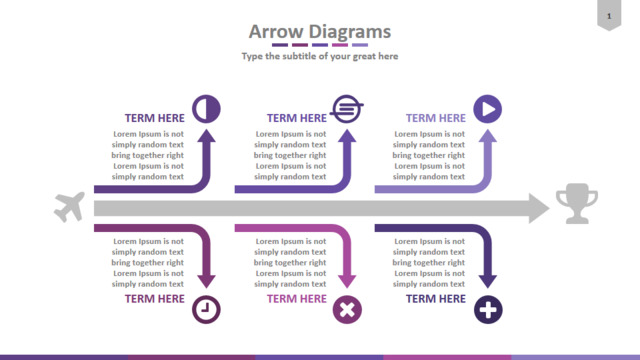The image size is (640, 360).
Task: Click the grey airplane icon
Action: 69,207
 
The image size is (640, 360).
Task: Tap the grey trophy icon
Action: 577,203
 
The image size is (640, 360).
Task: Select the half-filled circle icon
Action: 206,109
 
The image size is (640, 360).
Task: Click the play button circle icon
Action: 487,109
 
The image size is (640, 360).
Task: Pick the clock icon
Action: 206,309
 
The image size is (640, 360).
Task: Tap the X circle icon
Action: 347,309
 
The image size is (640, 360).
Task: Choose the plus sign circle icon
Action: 488,309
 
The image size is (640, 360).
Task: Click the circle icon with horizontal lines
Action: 347,109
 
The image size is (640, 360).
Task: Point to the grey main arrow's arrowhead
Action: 539,208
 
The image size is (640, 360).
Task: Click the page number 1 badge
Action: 609,16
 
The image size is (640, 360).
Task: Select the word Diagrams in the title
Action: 349,32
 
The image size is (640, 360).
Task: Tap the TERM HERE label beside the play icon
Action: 436,118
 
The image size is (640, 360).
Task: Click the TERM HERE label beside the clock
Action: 154,299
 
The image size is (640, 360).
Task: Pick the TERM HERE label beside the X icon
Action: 297,299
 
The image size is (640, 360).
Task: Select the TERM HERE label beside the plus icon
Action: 436,299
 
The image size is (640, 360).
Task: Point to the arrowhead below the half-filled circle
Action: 207,136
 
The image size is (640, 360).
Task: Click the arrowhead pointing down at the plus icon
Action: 488,282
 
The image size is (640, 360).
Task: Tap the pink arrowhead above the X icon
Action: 347,282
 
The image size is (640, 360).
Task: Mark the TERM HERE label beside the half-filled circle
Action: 154,118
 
